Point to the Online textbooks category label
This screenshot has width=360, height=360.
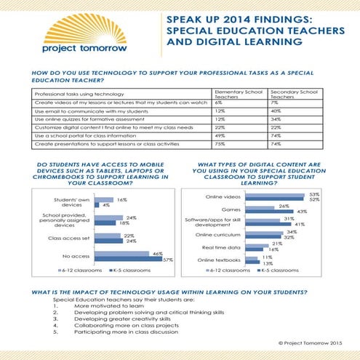pos(223,260)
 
